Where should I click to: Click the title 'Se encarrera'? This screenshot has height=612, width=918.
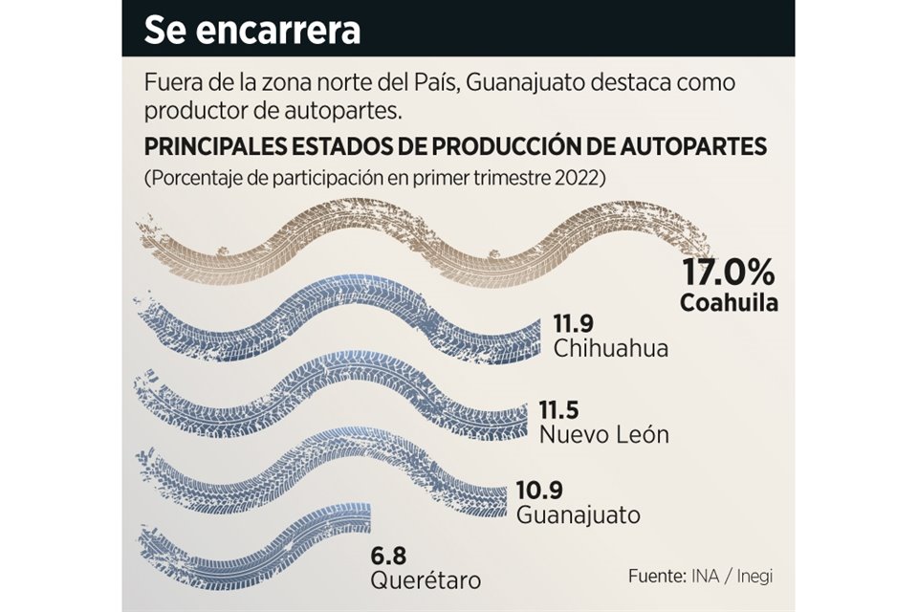(x=251, y=30)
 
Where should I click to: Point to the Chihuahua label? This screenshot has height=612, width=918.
(x=609, y=347)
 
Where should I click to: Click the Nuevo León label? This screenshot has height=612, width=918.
(x=602, y=435)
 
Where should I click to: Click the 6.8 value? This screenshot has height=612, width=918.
(x=389, y=555)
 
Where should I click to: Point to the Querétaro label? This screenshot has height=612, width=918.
(x=426, y=579)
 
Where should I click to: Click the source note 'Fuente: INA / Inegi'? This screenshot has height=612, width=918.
(x=701, y=578)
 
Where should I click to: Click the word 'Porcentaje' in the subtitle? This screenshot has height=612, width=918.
(x=189, y=179)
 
